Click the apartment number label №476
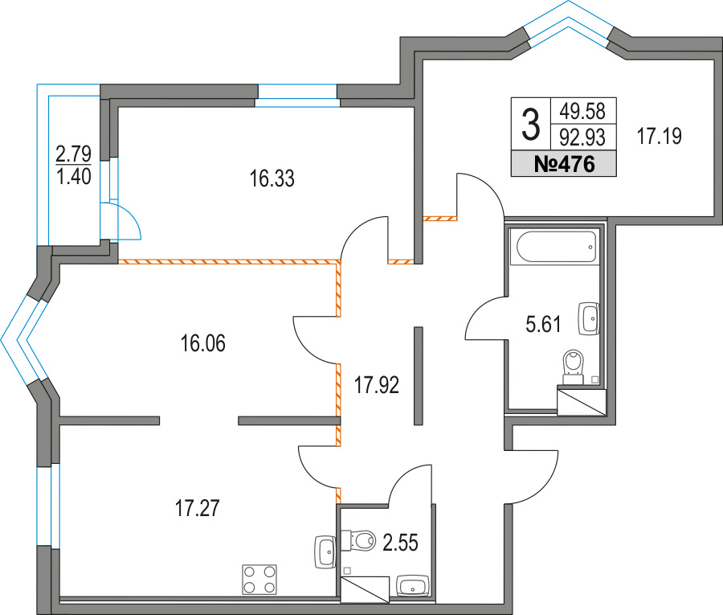point(564,164)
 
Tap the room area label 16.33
point(272,178)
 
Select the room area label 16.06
point(203,344)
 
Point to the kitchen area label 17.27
point(198,508)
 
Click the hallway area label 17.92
point(376,385)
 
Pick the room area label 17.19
point(660,137)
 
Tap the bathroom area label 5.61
point(543,324)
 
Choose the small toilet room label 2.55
point(400,543)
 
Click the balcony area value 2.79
point(73,154)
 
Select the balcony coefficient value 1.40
point(73,176)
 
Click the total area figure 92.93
point(582,137)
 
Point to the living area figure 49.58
point(582,111)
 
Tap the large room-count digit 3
point(531,124)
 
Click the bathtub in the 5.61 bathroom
point(557,248)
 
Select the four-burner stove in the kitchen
point(259,580)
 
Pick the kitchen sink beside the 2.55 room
point(325,552)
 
